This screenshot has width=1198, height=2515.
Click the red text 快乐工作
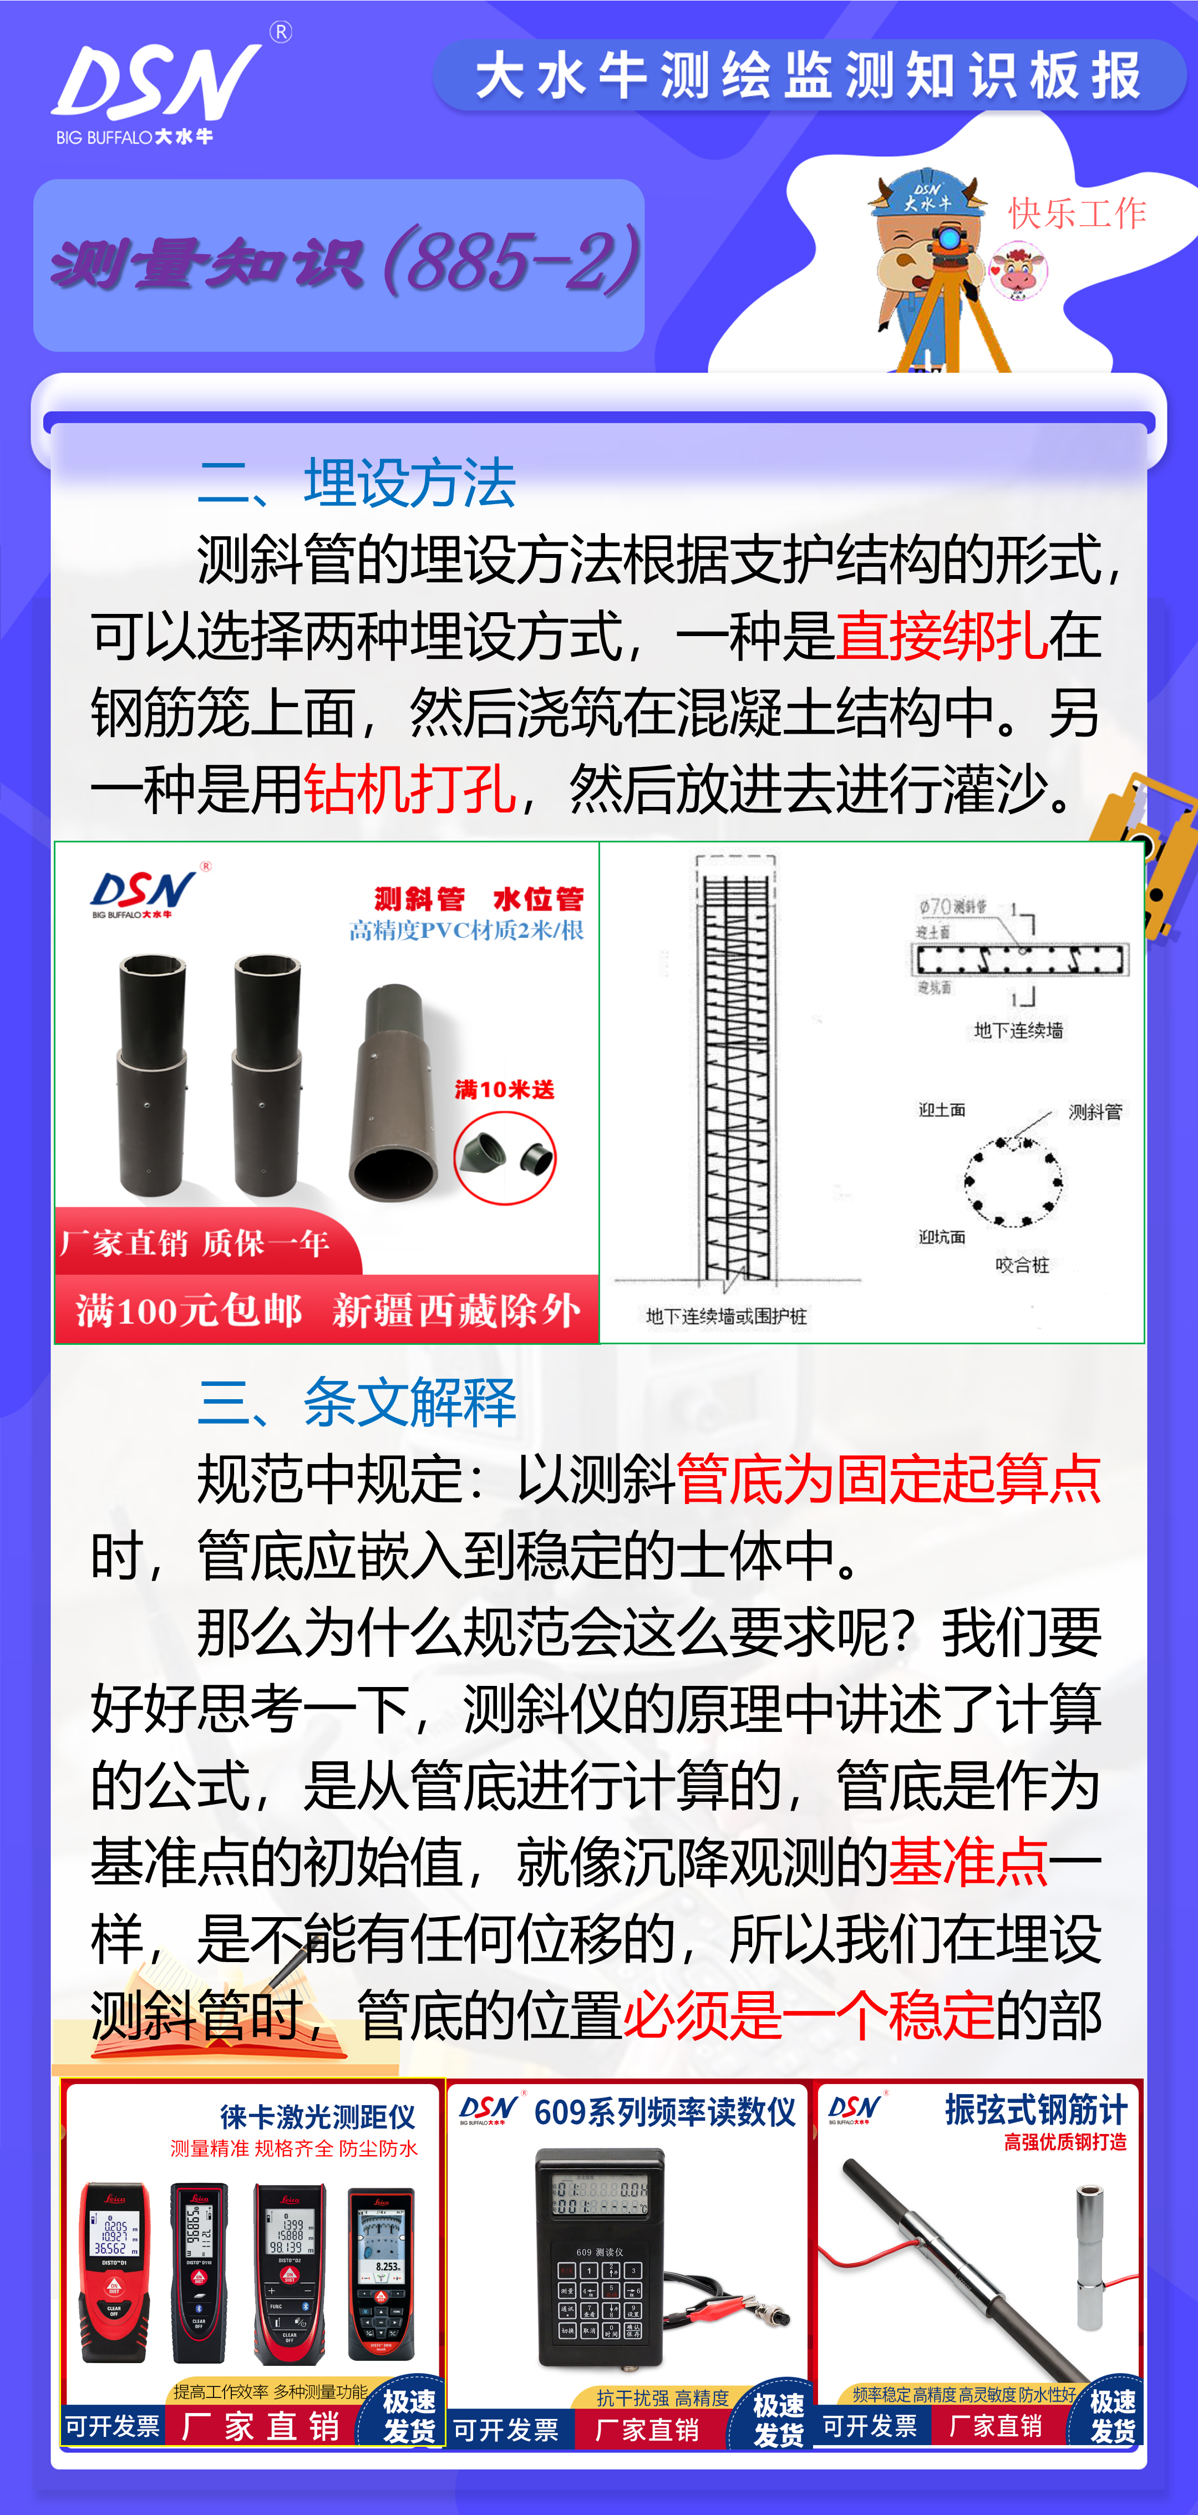pyautogui.click(x=1077, y=213)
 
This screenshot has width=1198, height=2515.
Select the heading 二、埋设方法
pyautogui.click(x=357, y=482)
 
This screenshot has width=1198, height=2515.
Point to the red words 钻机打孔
pyautogui.click(x=410, y=789)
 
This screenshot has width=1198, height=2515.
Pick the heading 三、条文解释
pyautogui.click(x=357, y=1402)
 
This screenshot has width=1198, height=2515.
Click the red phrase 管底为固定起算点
pyautogui.click(x=889, y=1479)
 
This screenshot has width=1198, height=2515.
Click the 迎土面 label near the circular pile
pyautogui.click(x=942, y=1110)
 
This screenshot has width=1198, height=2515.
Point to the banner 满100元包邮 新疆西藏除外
pyautogui.click(x=328, y=1310)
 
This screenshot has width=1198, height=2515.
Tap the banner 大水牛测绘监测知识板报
pyautogui.click(x=809, y=76)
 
